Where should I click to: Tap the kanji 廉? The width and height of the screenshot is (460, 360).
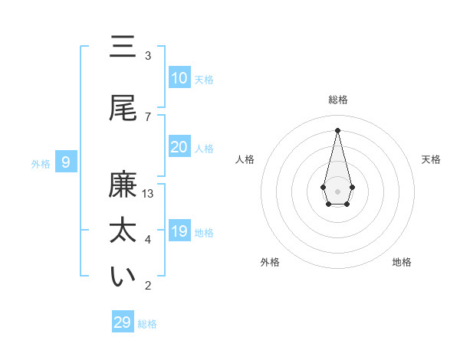pos(123,186)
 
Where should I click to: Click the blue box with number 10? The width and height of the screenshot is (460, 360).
pos(179,78)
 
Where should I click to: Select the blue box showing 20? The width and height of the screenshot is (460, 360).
pos(179,147)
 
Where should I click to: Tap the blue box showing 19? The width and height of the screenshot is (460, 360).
pos(179,231)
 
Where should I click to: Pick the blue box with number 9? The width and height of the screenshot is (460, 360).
pos(67,162)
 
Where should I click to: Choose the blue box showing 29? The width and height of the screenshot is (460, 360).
pos(123,322)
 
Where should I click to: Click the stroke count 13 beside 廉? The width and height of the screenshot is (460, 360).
pos(148,194)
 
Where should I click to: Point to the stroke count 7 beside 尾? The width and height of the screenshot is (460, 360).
pos(148,116)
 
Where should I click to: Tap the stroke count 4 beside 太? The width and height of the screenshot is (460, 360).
pos(148,240)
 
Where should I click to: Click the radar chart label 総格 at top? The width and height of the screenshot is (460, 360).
pos(337,100)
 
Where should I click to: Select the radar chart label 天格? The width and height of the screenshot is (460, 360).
pos(431,159)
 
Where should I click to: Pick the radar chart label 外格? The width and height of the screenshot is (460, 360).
pos(270,262)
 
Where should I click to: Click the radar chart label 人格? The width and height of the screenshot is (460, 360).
pos(245,159)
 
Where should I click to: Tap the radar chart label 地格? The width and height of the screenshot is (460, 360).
pos(402,262)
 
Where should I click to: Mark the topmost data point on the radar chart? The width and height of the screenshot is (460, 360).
pos(337,129)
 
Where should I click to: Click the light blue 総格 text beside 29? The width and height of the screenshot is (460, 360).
pos(147,324)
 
